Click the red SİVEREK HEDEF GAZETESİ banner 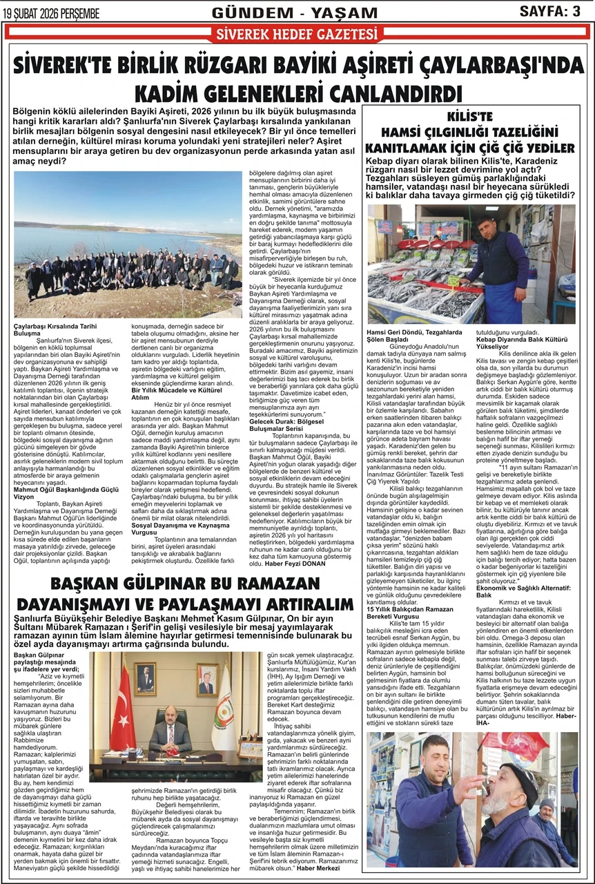coord(297,35)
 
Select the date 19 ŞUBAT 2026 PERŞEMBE coord(52,13)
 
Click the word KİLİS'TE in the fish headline coord(469,115)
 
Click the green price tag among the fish coord(454,280)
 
